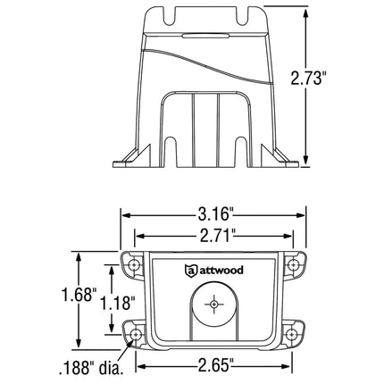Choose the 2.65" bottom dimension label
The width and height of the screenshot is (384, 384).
211,364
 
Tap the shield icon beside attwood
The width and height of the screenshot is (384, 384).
189,271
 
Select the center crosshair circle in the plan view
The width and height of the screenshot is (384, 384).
213,305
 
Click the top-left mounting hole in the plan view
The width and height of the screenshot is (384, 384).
133,265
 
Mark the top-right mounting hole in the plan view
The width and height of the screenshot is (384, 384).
292,265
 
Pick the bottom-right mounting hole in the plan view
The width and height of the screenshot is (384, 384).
292,337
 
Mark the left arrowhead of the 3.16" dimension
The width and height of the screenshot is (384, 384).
126,215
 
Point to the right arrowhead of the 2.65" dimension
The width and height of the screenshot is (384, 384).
288,364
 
